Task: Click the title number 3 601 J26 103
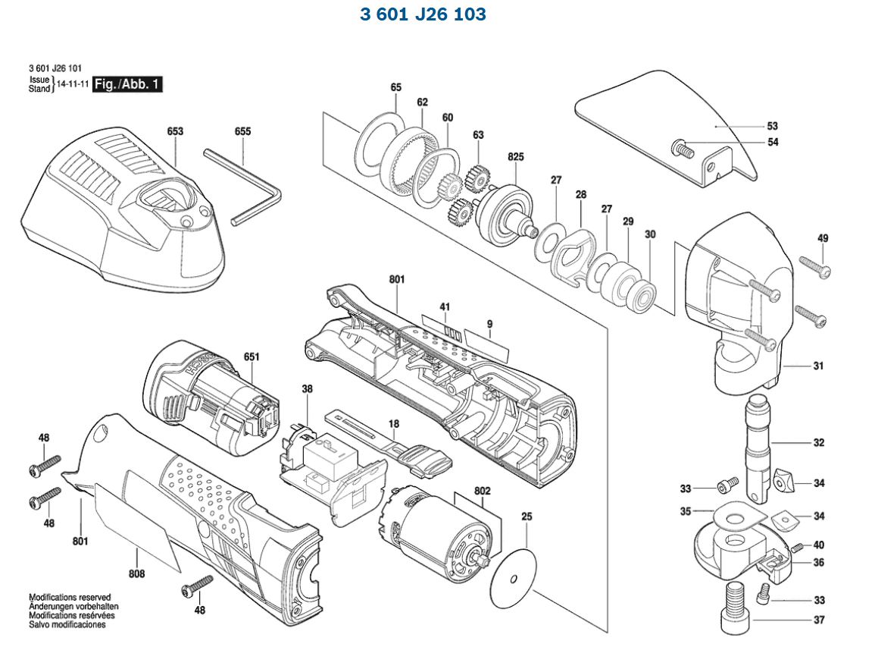(423, 14)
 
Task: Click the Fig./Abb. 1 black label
(127, 84)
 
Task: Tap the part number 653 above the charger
(175, 131)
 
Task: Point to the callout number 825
(516, 156)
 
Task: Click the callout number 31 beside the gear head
(818, 366)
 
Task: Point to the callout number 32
(818, 442)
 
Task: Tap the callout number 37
(818, 620)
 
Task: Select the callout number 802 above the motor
(483, 491)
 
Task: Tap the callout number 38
(307, 389)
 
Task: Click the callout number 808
(136, 574)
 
